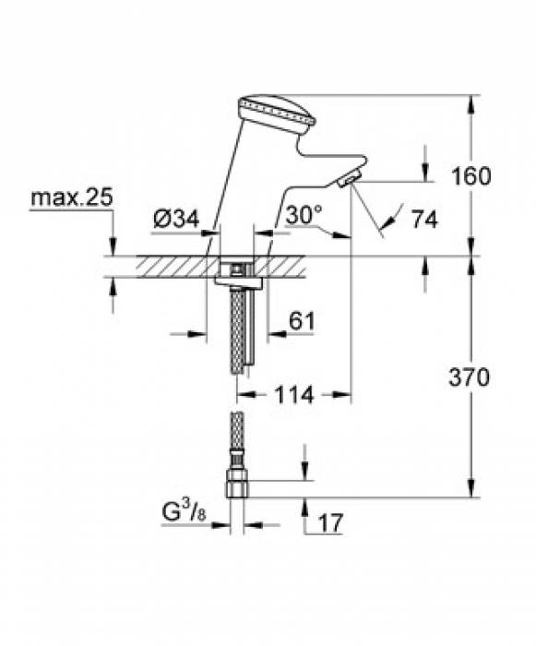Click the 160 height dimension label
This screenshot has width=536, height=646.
pos(471,175)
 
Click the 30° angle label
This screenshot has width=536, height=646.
pos(304,214)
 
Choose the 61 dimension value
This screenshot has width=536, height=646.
pos(302,321)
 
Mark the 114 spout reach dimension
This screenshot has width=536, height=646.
pos(293,395)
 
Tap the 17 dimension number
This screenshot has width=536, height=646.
pos(329,522)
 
